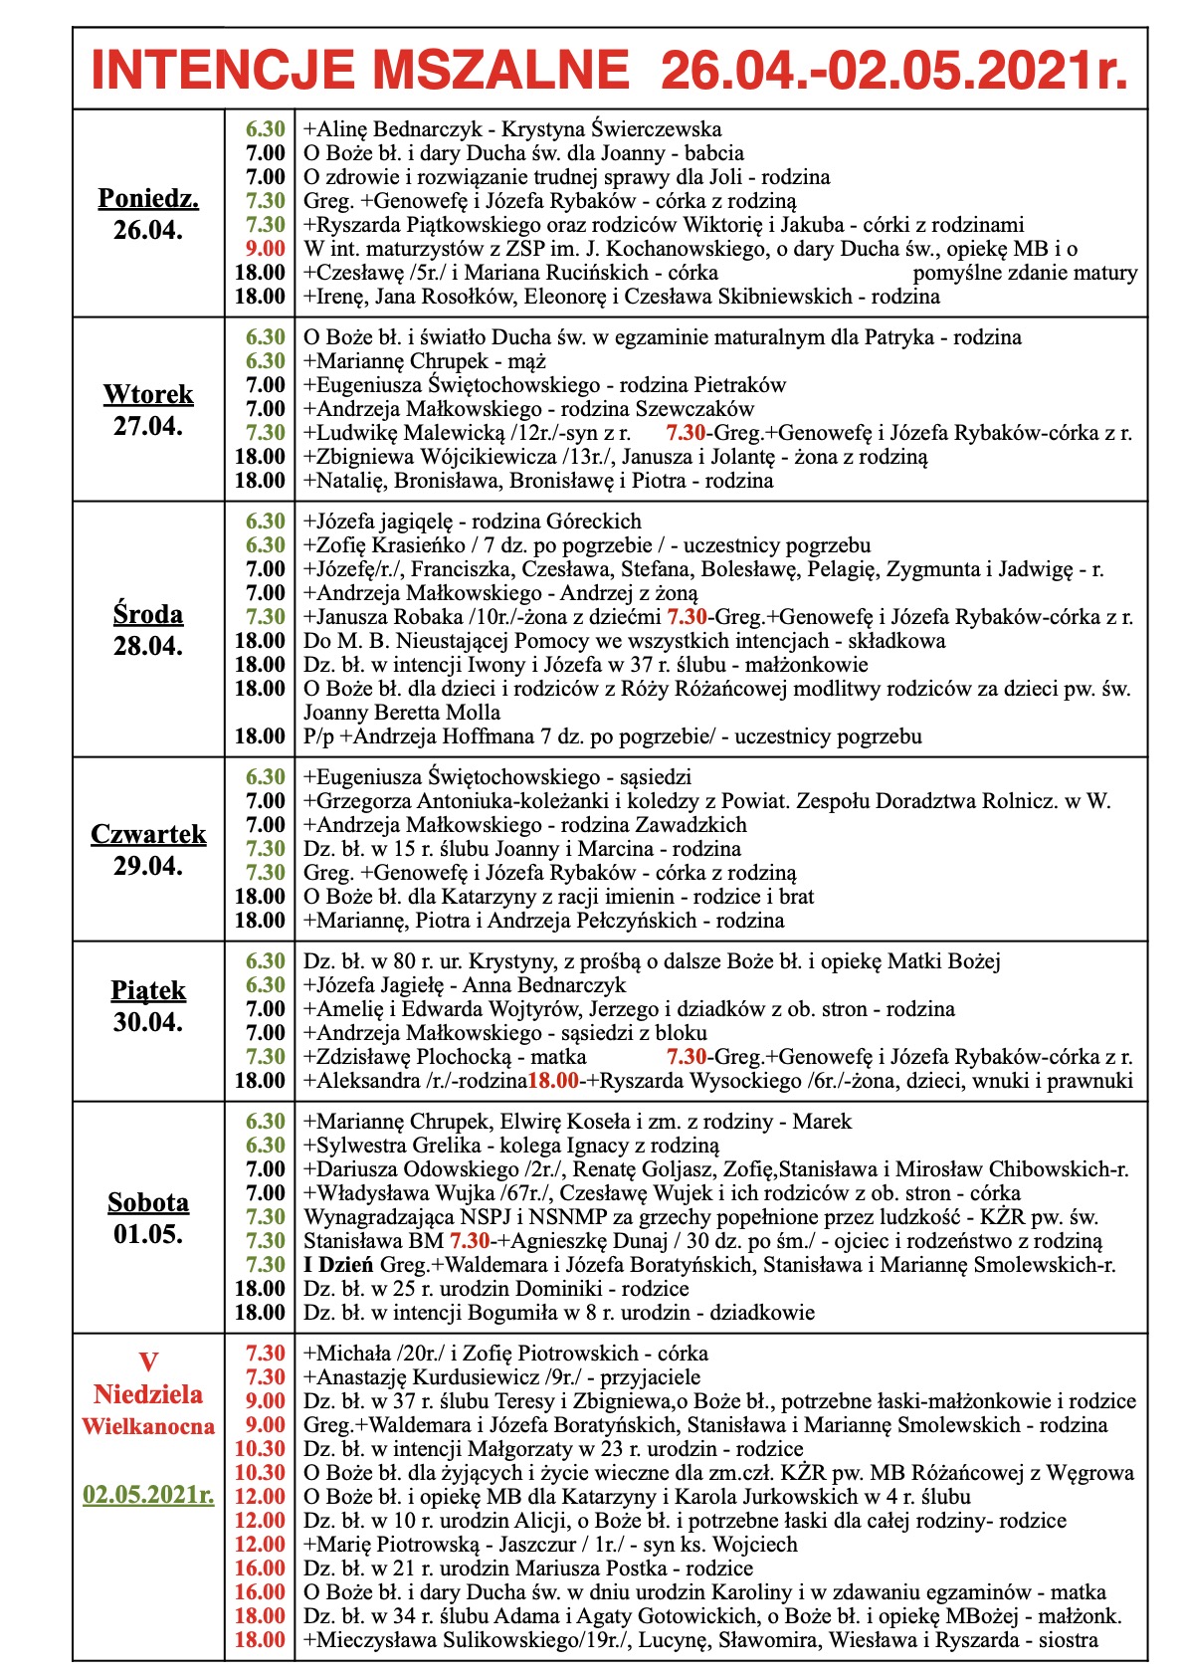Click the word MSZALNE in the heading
(503, 71)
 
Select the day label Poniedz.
(148, 198)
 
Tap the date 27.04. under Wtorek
(148, 426)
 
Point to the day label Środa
(148, 614)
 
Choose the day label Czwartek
(148, 834)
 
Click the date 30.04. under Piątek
(148, 1022)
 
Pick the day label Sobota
(148, 1202)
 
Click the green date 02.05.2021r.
(148, 1495)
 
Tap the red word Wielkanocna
(148, 1426)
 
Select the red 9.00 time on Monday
(266, 249)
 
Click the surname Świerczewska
(657, 129)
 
